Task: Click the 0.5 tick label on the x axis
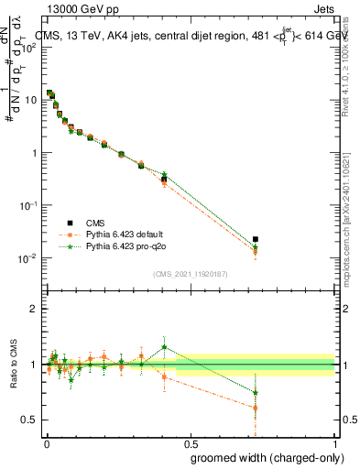tap(191, 443)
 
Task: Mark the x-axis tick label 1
tap(335, 443)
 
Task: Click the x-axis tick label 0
tap(46, 443)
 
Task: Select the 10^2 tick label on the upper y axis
tap(30, 49)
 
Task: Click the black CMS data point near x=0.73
tap(256, 239)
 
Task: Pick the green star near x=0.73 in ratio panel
tap(256, 393)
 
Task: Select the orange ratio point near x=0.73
tap(256, 408)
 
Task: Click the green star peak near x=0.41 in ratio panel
tap(164, 347)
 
